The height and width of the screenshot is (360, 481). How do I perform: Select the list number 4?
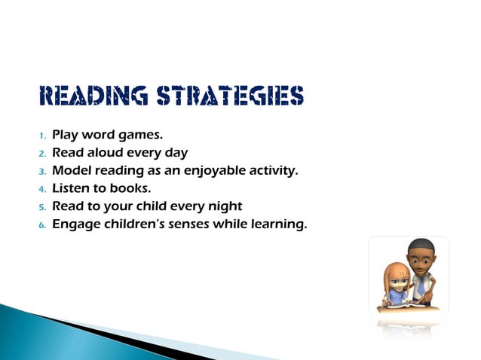point(42,189)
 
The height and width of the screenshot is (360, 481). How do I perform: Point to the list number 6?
point(42,224)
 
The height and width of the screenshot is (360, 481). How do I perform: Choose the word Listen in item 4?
point(71,188)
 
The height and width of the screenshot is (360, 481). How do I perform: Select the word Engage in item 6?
point(74,224)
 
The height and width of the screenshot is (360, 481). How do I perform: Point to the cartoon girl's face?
point(399,280)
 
